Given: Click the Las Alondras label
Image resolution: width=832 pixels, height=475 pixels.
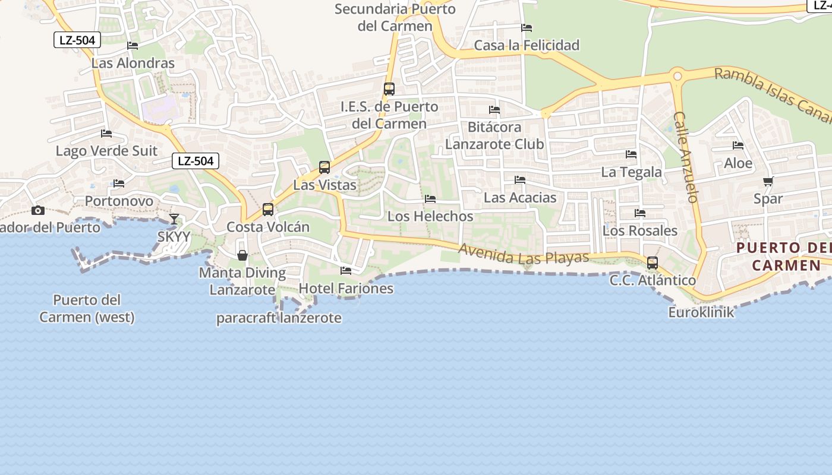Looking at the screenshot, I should pyautogui.click(x=133, y=63).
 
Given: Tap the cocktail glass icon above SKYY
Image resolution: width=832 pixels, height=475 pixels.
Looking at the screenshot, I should pyautogui.click(x=174, y=219).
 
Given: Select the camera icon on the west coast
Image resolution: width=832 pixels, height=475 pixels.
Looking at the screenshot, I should pyautogui.click(x=38, y=210).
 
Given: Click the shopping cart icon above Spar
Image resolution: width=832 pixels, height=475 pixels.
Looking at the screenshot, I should pyautogui.click(x=768, y=182).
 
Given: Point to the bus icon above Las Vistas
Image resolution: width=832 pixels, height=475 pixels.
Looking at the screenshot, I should pyautogui.click(x=324, y=167).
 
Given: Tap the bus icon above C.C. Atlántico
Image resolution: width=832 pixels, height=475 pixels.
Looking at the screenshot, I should pyautogui.click(x=653, y=263).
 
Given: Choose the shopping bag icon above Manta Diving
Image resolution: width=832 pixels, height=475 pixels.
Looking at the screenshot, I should pyautogui.click(x=242, y=255).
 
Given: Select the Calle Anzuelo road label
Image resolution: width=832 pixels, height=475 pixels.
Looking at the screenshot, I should pyautogui.click(x=686, y=157).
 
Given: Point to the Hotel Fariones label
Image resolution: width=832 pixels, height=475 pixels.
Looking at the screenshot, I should pyautogui.click(x=346, y=289).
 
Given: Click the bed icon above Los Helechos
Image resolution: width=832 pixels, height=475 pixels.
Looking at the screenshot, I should pyautogui.click(x=430, y=199).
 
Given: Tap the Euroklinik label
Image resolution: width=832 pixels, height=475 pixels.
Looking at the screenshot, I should pyautogui.click(x=701, y=312).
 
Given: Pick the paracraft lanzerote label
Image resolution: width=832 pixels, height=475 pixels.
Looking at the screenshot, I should pyautogui.click(x=279, y=318).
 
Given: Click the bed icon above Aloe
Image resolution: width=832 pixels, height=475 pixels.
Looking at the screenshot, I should pyautogui.click(x=738, y=145).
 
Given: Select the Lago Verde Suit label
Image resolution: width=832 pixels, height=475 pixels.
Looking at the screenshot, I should pyautogui.click(x=106, y=151).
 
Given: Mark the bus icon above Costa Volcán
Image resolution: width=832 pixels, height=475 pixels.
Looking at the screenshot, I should pyautogui.click(x=268, y=210).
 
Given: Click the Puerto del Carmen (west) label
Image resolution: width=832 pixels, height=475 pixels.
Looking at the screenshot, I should pyautogui.click(x=87, y=308).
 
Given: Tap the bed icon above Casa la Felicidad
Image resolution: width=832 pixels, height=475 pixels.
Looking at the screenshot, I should pyautogui.click(x=527, y=28).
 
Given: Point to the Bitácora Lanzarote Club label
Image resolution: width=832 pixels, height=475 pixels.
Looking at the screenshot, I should pyautogui.click(x=494, y=135).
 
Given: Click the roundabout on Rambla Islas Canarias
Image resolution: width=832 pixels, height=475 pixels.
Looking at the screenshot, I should pyautogui.click(x=677, y=76).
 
